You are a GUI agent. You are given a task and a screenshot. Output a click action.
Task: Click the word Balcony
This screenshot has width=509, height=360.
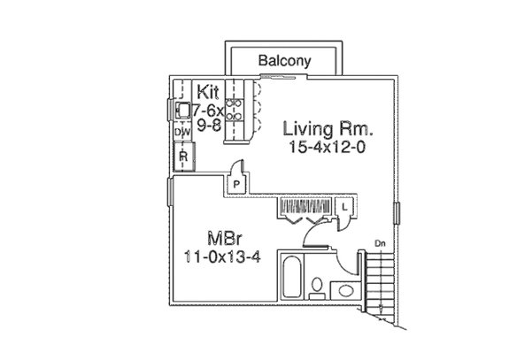(x=283, y=61)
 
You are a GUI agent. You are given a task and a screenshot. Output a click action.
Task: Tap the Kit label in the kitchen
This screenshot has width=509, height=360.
(x=209, y=90)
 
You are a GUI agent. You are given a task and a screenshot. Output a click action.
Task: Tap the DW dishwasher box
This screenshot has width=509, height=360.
(x=182, y=132)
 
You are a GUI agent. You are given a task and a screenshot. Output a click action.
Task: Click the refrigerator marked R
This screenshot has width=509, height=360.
(x=183, y=157)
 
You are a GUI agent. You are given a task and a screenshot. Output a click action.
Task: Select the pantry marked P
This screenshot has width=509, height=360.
(x=237, y=182)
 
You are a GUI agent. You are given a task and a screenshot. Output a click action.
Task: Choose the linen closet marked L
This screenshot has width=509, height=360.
(x=344, y=206)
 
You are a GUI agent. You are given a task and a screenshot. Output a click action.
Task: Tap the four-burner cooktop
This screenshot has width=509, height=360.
(x=236, y=109)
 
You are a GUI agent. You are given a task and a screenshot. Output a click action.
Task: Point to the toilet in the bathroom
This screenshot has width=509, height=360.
(x=316, y=286)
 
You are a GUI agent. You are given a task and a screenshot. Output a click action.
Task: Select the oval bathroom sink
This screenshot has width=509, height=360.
(x=346, y=289)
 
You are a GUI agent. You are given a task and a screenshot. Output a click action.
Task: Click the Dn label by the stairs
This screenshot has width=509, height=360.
(x=380, y=243)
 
